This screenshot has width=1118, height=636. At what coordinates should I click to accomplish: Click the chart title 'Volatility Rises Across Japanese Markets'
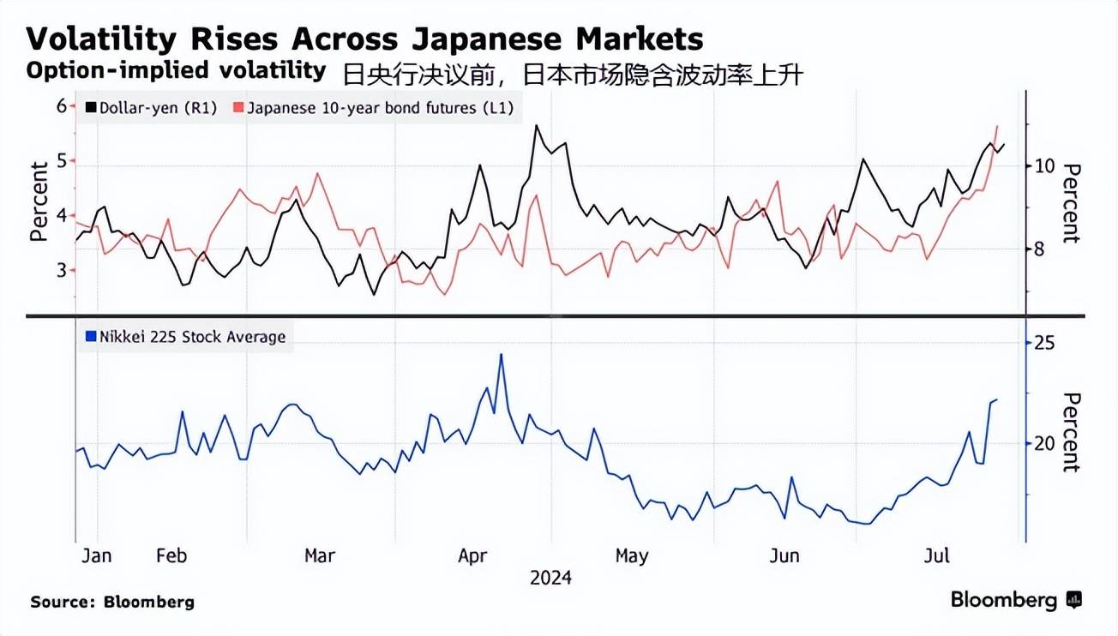pos(365,39)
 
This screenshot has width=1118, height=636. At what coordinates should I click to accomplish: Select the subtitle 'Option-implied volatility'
pos(176,71)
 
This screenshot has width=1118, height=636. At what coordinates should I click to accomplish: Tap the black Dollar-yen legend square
pos(91,108)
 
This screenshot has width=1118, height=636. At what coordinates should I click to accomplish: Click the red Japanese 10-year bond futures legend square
pos(238,108)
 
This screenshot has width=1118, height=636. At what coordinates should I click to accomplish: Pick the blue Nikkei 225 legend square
pos(91,337)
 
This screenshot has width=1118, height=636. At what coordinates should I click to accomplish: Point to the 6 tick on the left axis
pos(62,106)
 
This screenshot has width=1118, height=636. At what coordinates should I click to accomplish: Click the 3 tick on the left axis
pos(62,270)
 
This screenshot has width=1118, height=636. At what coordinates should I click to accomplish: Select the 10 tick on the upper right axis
pos(1043,165)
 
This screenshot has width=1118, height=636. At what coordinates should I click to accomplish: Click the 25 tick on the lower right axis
pos(1044,343)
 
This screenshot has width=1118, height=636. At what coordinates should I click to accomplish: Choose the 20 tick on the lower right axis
pos(1044,443)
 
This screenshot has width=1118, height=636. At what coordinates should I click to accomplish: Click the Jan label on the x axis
pos(97,555)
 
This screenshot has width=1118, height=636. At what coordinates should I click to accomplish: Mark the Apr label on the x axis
pos(472,555)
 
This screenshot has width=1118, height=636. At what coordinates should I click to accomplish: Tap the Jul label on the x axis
pos(937,555)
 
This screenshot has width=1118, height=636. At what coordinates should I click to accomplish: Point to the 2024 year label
pos(550,577)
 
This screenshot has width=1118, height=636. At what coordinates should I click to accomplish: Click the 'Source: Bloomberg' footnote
pos(112,602)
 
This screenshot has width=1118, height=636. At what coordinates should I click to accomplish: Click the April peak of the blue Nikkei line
pos(501,355)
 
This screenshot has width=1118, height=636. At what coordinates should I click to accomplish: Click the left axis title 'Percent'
pos(39,201)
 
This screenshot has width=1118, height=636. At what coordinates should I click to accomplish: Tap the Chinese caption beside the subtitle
pos(573,75)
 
